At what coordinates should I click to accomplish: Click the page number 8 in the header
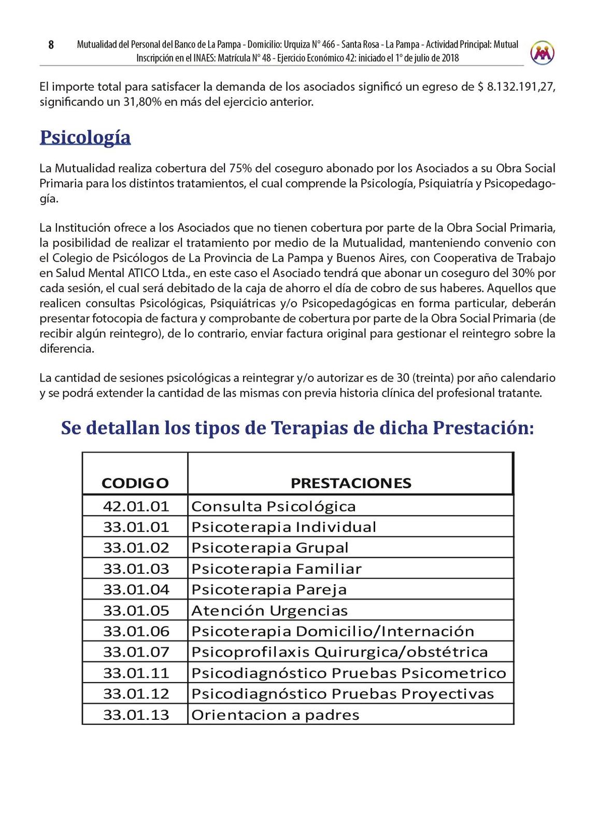tap(51, 45)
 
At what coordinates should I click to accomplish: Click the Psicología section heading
tap(85, 137)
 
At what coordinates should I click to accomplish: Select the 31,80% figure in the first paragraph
tap(143, 102)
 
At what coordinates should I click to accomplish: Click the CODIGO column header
tap(135, 483)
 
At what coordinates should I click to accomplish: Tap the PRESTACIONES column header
tap(351, 483)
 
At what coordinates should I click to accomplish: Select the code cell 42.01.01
tap(136, 506)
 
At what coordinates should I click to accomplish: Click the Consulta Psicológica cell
tap(274, 506)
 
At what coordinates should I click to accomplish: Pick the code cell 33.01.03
tap(136, 569)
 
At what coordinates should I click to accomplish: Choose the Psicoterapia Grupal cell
tap(270, 547)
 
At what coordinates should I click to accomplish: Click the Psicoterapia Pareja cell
tap(269, 589)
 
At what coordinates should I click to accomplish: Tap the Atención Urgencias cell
tap(269, 611)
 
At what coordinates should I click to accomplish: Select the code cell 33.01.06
tap(136, 631)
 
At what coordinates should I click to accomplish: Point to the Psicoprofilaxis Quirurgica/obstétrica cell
tap(339, 652)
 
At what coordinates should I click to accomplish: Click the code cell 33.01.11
tap(136, 673)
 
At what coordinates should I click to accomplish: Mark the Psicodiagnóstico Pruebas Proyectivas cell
tap(343, 693)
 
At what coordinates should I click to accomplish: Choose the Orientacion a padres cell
tap(275, 715)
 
